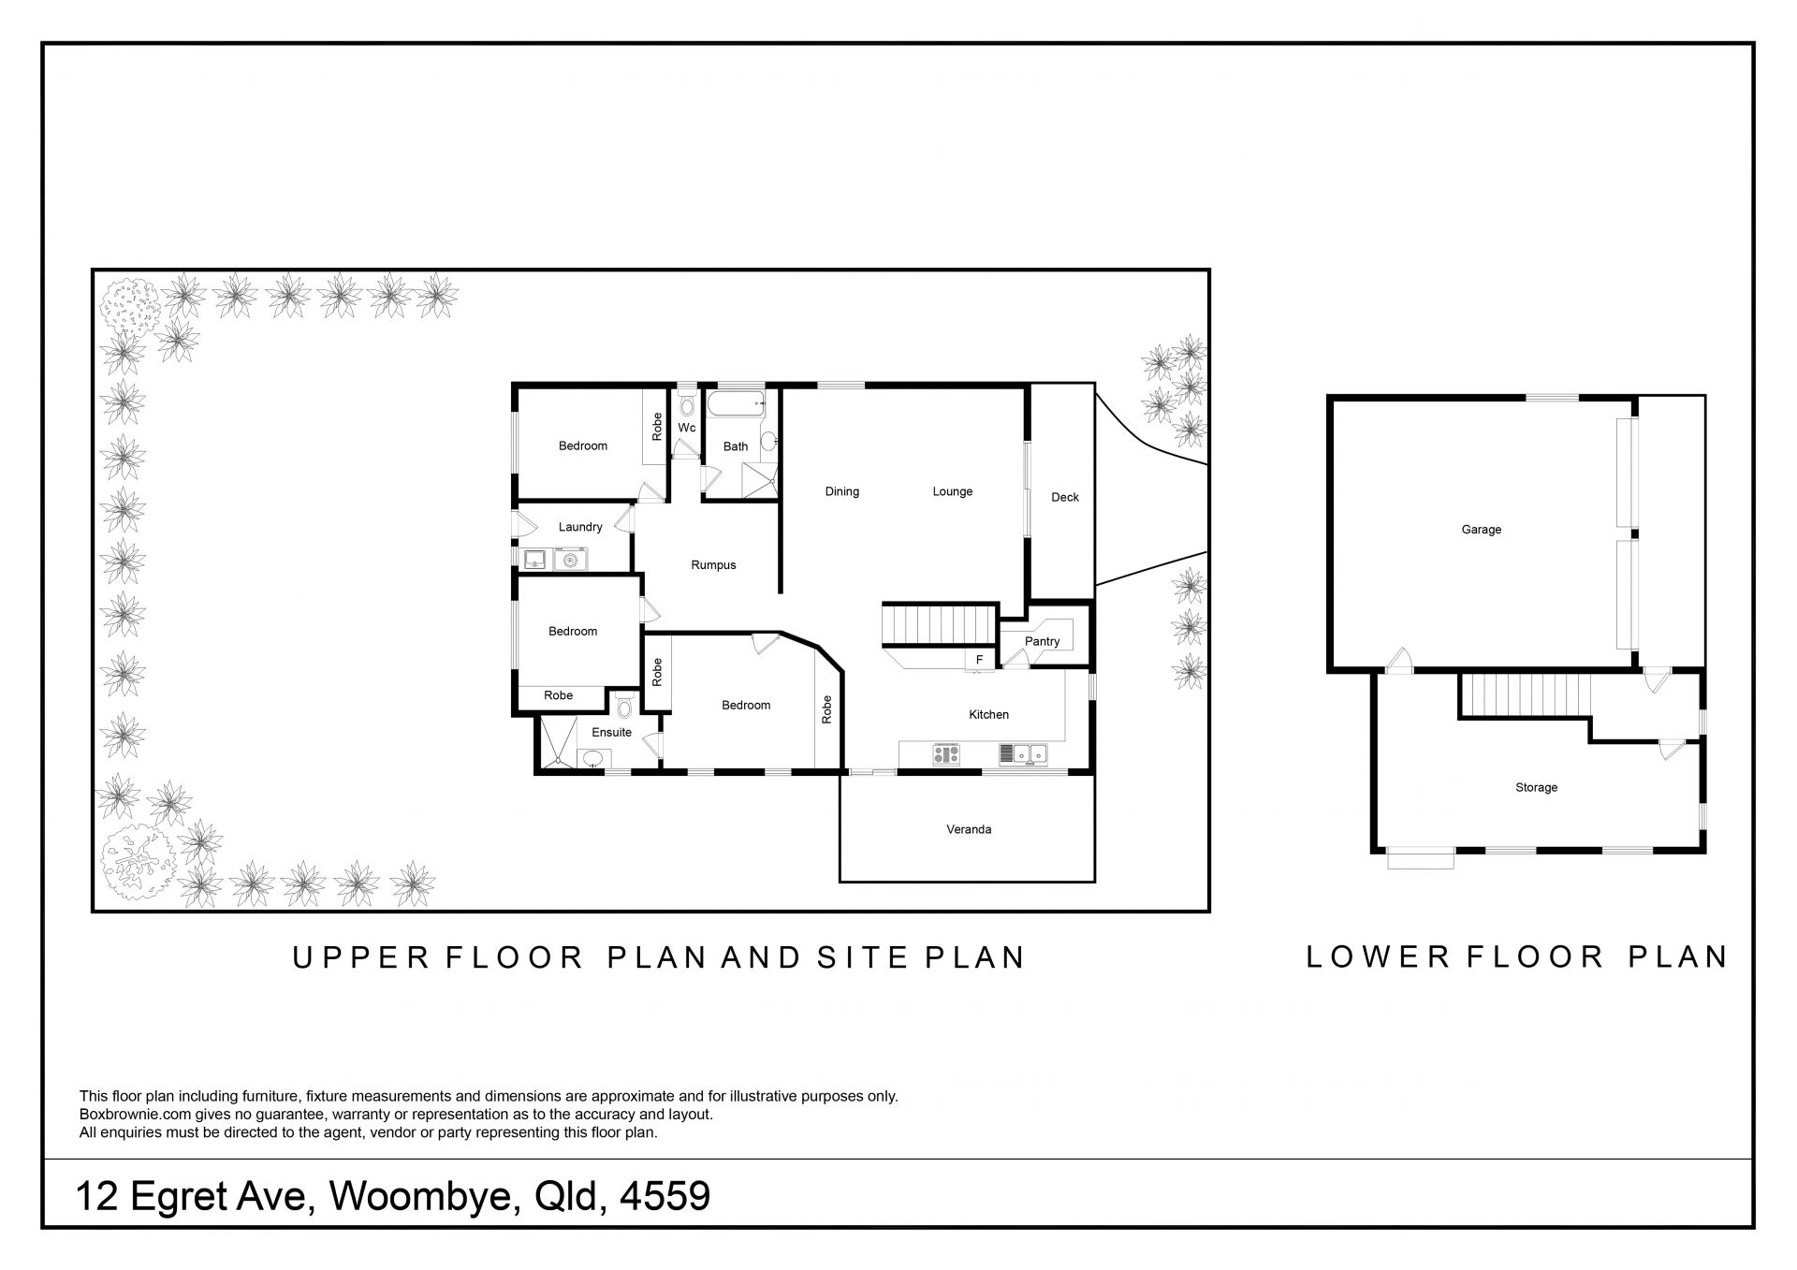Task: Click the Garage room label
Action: pyautogui.click(x=1482, y=530)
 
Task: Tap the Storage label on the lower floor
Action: pyautogui.click(x=1537, y=788)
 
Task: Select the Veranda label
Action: pyautogui.click(x=969, y=829)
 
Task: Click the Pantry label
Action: pyautogui.click(x=1042, y=642)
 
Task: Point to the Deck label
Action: pyautogui.click(x=1065, y=497)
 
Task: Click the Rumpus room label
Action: pyautogui.click(x=713, y=565)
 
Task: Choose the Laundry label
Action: pyautogui.click(x=580, y=527)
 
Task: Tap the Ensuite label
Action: pyautogui.click(x=611, y=733)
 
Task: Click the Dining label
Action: pyautogui.click(x=842, y=491)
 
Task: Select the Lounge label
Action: pyautogui.click(x=953, y=491)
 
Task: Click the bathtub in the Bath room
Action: pyautogui.click(x=737, y=404)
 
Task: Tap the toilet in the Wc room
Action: pyautogui.click(x=687, y=404)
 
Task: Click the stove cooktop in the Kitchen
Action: pyautogui.click(x=946, y=754)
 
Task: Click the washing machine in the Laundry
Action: pyautogui.click(x=570, y=560)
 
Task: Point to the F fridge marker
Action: pyautogui.click(x=980, y=661)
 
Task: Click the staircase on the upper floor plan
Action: pyautogui.click(x=939, y=625)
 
